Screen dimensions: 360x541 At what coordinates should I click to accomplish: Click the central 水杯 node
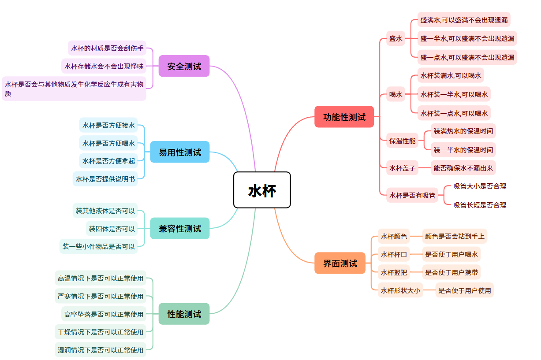(x=262, y=190)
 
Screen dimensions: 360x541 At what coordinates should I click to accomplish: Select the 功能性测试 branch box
(x=344, y=117)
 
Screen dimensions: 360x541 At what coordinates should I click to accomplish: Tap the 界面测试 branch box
(x=340, y=263)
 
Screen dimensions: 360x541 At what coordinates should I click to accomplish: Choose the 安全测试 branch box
(x=184, y=66)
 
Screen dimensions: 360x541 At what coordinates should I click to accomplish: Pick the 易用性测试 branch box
(x=180, y=152)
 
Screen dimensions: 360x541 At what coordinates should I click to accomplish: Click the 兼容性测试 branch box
(x=180, y=228)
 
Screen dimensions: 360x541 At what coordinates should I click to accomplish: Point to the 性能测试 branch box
(x=184, y=314)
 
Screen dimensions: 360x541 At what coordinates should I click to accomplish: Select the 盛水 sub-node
(x=395, y=39)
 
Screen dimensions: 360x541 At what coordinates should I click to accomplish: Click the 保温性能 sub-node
(x=402, y=141)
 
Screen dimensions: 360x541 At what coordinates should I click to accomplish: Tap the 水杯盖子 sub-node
(x=402, y=167)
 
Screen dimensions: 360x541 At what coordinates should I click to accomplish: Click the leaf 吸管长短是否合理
(x=480, y=205)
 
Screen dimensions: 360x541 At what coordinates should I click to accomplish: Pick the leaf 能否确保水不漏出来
(x=463, y=167)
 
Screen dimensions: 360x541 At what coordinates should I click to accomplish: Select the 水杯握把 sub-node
(x=394, y=272)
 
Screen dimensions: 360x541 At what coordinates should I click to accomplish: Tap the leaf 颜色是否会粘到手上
(x=455, y=236)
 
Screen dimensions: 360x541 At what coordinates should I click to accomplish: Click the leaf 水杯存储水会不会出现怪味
(x=104, y=66)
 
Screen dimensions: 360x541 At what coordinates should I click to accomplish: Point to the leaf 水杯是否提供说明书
(x=105, y=179)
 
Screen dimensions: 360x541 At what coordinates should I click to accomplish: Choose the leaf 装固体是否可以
(x=112, y=229)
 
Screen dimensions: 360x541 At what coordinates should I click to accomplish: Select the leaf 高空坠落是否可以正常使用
(x=104, y=314)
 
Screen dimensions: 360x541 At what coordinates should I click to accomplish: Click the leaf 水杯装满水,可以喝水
(x=451, y=75)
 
